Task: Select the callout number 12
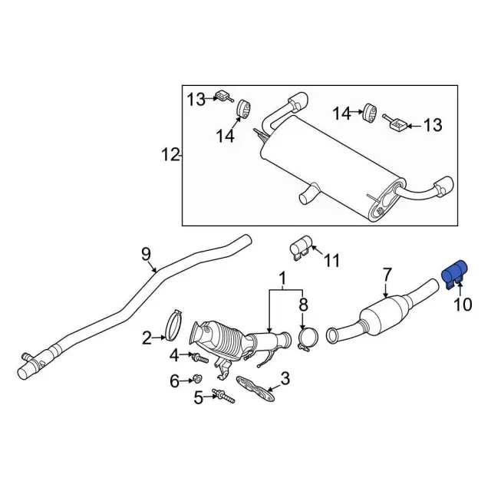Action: click(170, 156)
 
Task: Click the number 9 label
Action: click(146, 253)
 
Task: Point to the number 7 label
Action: click(387, 273)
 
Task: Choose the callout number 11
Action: click(331, 262)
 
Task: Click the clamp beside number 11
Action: click(300, 247)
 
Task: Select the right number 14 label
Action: click(341, 114)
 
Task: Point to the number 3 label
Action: click(285, 377)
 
